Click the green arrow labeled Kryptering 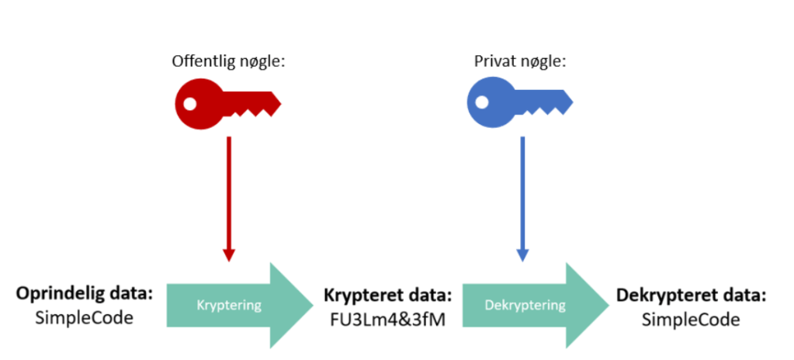pyautogui.click(x=238, y=304)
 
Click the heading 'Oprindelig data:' pyautogui.click(x=84, y=295)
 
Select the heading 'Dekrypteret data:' pyautogui.click(x=691, y=295)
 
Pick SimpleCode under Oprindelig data pyautogui.click(x=84, y=318)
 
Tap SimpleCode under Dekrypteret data pyautogui.click(x=691, y=318)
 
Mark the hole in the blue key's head pyautogui.click(x=481, y=102)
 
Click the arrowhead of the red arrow pyautogui.click(x=228, y=254)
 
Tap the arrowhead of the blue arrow pyautogui.click(x=522, y=254)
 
